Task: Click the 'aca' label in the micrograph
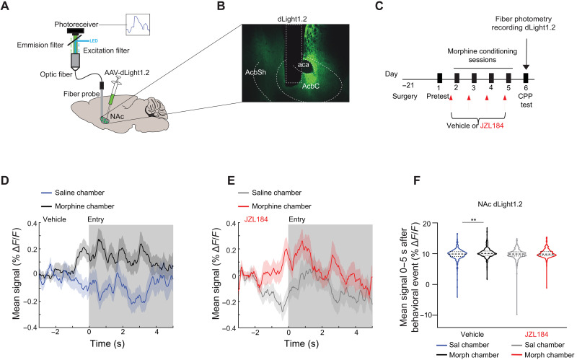(304, 64)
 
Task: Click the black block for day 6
(528, 78)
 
